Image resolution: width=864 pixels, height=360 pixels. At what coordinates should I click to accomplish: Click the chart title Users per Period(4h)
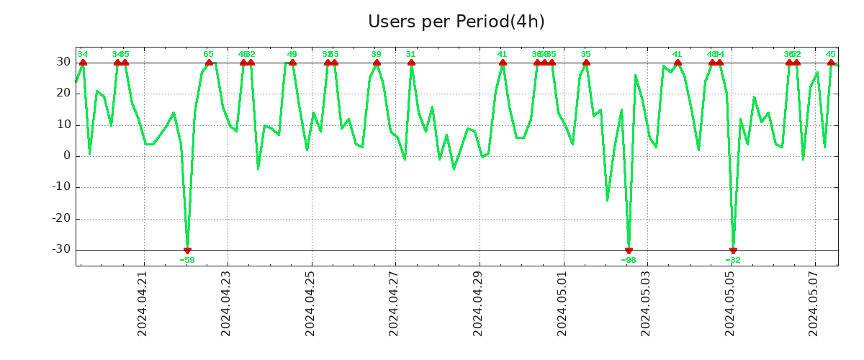456,22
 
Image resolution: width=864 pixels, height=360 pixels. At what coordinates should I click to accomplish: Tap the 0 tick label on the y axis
66,156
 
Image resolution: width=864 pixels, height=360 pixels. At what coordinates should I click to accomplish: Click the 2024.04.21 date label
143,304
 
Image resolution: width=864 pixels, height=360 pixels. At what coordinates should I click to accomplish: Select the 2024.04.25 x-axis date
310,304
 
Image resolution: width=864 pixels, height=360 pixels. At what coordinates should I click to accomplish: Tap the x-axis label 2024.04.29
478,304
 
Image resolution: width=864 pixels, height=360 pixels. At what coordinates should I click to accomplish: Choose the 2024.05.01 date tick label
562,304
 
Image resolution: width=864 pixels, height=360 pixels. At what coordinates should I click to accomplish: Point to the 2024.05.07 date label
814,304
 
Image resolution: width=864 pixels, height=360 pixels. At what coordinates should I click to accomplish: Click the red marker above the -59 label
187,250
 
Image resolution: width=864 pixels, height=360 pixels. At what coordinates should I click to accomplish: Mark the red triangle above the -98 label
629,250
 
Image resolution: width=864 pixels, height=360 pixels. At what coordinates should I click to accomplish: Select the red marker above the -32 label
733,250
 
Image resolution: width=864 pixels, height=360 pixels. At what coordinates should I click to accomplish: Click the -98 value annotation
629,260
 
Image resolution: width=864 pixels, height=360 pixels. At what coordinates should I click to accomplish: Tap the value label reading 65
208,54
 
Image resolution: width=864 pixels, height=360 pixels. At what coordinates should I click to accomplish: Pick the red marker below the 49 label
292,63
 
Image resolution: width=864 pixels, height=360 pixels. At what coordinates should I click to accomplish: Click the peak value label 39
376,54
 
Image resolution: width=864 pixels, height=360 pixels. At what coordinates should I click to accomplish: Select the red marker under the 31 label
411,63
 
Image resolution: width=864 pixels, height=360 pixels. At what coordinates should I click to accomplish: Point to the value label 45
830,54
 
